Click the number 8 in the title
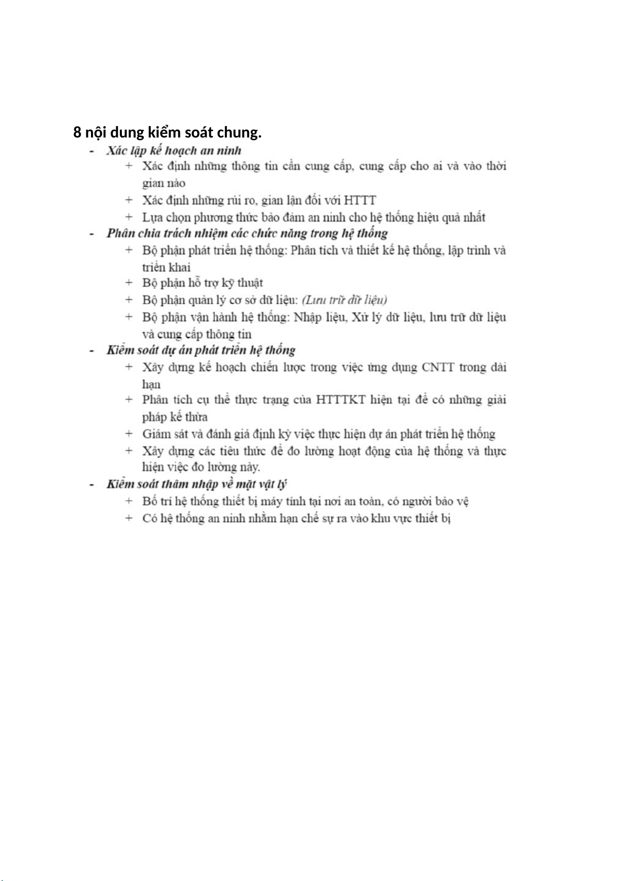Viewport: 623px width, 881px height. pyautogui.click(x=77, y=133)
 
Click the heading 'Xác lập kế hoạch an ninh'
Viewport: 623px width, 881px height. pyautogui.click(x=174, y=151)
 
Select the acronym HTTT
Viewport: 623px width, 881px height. pyautogui.click(x=360, y=200)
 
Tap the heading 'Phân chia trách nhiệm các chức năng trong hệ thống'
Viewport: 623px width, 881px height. pyautogui.click(x=247, y=233)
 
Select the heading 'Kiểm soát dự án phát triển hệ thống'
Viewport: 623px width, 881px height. pyautogui.click(x=201, y=350)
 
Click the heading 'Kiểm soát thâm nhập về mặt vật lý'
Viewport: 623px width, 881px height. pyautogui.click(x=197, y=484)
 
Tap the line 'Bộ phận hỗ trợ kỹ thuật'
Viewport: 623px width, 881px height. pyautogui.click(x=202, y=283)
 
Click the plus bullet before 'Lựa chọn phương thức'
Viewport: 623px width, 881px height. pyautogui.click(x=129, y=217)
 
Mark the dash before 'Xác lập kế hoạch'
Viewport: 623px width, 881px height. pyautogui.click(x=92, y=151)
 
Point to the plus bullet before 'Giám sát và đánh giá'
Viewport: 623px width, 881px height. pyautogui.click(x=129, y=433)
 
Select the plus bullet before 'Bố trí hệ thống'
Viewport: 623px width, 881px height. pyautogui.click(x=129, y=501)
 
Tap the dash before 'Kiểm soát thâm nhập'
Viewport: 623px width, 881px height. pyautogui.click(x=92, y=485)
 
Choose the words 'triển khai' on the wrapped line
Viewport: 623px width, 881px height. pyautogui.click(x=166, y=267)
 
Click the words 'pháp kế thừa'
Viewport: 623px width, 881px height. pyautogui.click(x=175, y=417)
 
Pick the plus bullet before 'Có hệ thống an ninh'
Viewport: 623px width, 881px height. pyautogui.click(x=129, y=518)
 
